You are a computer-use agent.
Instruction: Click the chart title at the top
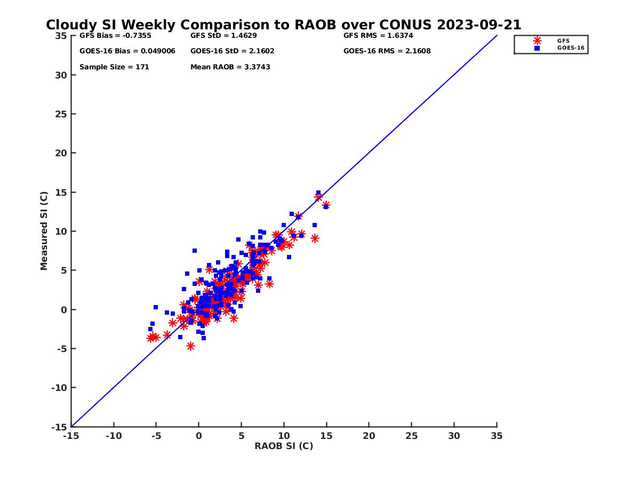283,25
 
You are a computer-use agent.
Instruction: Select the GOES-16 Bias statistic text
127,51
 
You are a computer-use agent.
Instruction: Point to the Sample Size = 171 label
114,67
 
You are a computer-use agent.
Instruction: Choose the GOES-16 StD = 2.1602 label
232,51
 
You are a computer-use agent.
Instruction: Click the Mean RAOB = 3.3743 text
230,67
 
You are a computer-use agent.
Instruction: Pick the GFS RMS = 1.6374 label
378,36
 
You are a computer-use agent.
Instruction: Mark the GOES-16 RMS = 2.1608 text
387,51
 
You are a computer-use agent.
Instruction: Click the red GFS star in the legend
537,41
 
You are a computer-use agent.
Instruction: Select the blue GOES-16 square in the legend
537,48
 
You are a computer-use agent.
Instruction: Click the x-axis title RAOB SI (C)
284,446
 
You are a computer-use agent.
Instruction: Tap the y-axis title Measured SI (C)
44,231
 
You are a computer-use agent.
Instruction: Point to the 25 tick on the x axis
411,436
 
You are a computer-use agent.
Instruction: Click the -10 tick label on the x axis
114,436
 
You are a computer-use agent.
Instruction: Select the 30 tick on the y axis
62,75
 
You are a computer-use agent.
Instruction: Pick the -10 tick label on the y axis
60,388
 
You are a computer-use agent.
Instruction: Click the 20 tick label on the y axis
62,153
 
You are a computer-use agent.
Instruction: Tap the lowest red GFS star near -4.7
190,346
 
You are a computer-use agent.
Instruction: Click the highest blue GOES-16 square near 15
318,193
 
